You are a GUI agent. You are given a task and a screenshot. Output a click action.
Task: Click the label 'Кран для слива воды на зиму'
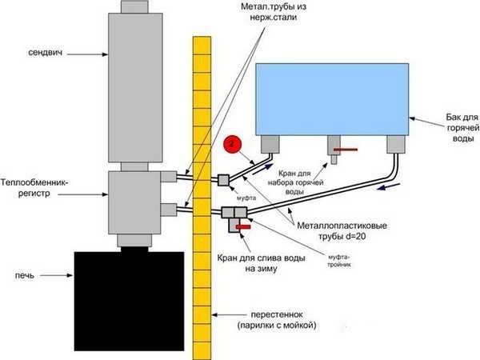pos(254,264)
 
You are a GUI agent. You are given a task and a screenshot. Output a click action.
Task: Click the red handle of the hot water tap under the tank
pos(346,150)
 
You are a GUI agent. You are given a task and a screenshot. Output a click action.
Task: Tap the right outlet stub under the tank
pos(394,145)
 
